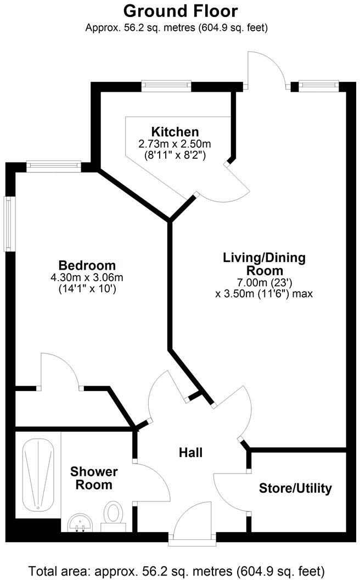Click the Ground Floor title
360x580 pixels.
point(181,10)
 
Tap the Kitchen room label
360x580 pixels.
point(175,132)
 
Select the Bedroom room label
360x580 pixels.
point(87,265)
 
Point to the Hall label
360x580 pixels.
point(191,453)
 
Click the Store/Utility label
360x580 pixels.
point(295,488)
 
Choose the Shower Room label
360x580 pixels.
point(94,478)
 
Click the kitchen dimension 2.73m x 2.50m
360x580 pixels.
point(175,144)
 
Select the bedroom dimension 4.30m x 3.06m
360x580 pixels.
point(87,277)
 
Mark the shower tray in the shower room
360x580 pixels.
point(38,474)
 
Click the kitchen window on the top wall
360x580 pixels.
point(166,86)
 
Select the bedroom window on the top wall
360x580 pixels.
point(53,166)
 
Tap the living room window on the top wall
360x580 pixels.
point(319,86)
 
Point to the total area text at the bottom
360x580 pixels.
point(181,570)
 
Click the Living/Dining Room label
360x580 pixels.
point(264,264)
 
